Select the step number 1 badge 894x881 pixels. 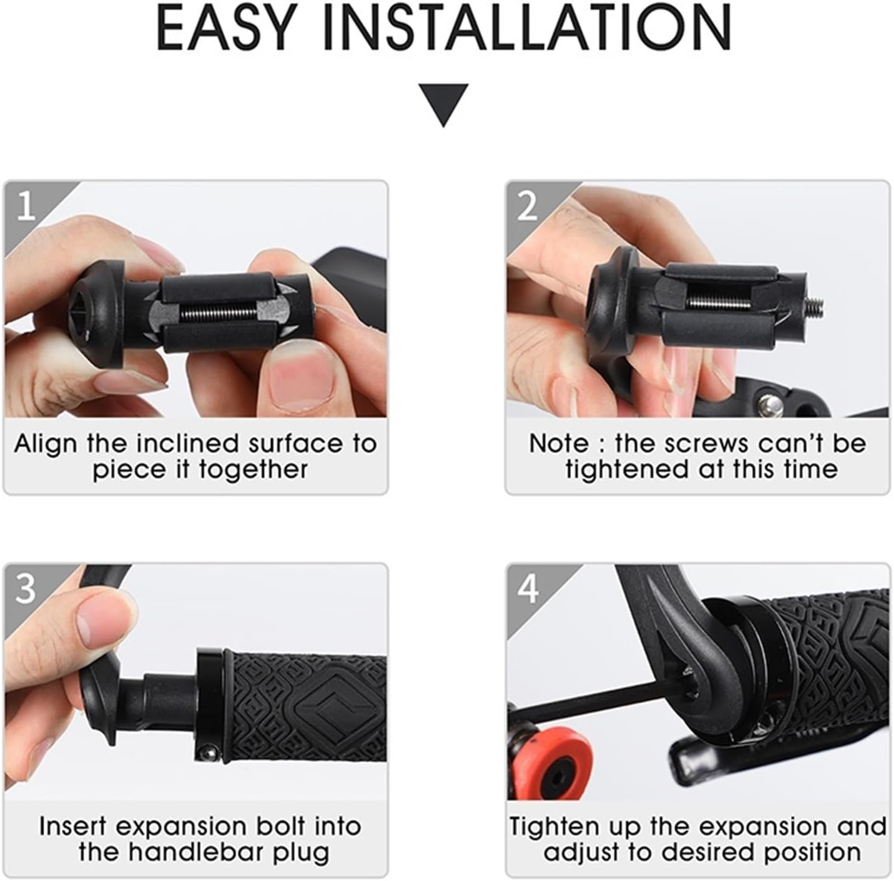(x=26, y=205)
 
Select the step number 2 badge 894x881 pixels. (x=527, y=205)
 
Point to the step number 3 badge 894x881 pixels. (x=26, y=589)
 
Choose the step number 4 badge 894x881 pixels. (x=528, y=589)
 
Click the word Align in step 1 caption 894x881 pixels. (x=46, y=444)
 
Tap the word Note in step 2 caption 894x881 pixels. (x=559, y=444)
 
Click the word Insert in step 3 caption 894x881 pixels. (x=74, y=826)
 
